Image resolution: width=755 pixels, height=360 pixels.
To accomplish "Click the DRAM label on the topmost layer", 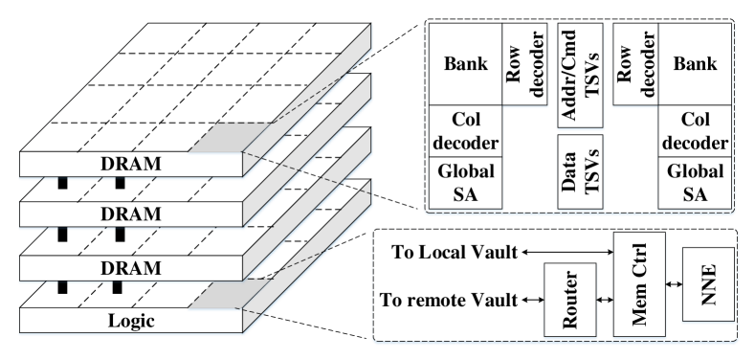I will pyautogui.click(x=130, y=164).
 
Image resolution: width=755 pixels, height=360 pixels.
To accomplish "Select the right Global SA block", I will pyautogui.click(x=695, y=182).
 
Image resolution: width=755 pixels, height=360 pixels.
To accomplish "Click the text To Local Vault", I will pyautogui.click(x=454, y=253).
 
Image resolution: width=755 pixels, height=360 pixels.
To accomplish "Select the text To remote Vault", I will pyautogui.click(x=448, y=300).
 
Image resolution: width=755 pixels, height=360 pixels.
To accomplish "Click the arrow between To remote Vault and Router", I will pyautogui.click(x=530, y=300).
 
